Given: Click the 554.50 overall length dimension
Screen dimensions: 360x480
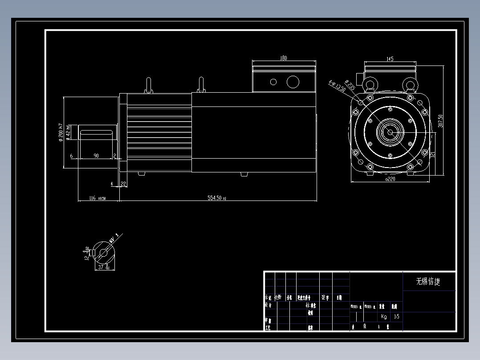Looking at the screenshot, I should coord(217,197).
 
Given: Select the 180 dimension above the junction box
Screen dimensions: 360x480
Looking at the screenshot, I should coord(283,58).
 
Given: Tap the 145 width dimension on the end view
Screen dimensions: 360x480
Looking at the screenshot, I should coord(390,58).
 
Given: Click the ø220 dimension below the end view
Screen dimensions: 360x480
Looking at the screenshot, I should coord(390,179).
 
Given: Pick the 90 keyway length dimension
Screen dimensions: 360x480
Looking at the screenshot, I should coord(96,155).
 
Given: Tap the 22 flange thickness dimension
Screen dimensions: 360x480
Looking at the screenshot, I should coord(123,183).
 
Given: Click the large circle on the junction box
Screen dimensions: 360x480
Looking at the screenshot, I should coord(293,82).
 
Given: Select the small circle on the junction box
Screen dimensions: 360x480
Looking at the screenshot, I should coord(273,82).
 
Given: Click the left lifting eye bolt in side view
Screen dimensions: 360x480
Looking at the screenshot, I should coord(149,85).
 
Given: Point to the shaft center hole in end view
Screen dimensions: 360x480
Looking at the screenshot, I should coord(390,132).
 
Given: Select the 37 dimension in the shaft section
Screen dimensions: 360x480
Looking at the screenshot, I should coord(103,267).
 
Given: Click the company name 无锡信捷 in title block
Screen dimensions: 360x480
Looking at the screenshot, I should coord(428,282).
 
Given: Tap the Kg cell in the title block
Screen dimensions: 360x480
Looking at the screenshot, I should coord(384,317).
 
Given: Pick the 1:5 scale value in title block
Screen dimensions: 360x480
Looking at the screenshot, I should coord(396,317).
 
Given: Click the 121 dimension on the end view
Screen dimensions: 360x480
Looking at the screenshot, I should coord(432,155).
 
